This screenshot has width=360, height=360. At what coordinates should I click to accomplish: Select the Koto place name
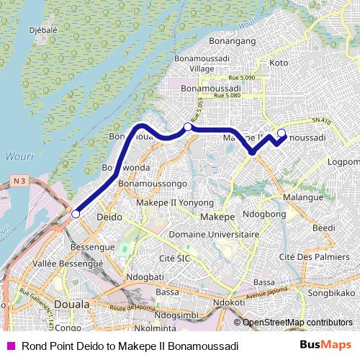click(278, 63)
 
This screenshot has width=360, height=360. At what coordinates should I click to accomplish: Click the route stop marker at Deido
click(76, 213)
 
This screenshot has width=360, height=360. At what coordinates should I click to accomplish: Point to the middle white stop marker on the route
click(188, 127)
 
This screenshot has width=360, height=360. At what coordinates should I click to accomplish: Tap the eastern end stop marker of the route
click(282, 132)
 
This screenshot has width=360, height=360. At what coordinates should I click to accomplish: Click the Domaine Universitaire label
click(213, 235)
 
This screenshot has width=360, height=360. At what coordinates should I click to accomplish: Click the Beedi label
click(324, 228)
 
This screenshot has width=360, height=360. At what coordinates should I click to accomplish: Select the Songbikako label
click(331, 294)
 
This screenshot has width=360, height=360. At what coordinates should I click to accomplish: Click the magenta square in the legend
click(10, 346)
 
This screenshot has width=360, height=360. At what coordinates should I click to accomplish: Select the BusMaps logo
click(323, 346)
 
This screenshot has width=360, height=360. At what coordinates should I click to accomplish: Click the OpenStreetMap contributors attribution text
click(297, 323)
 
